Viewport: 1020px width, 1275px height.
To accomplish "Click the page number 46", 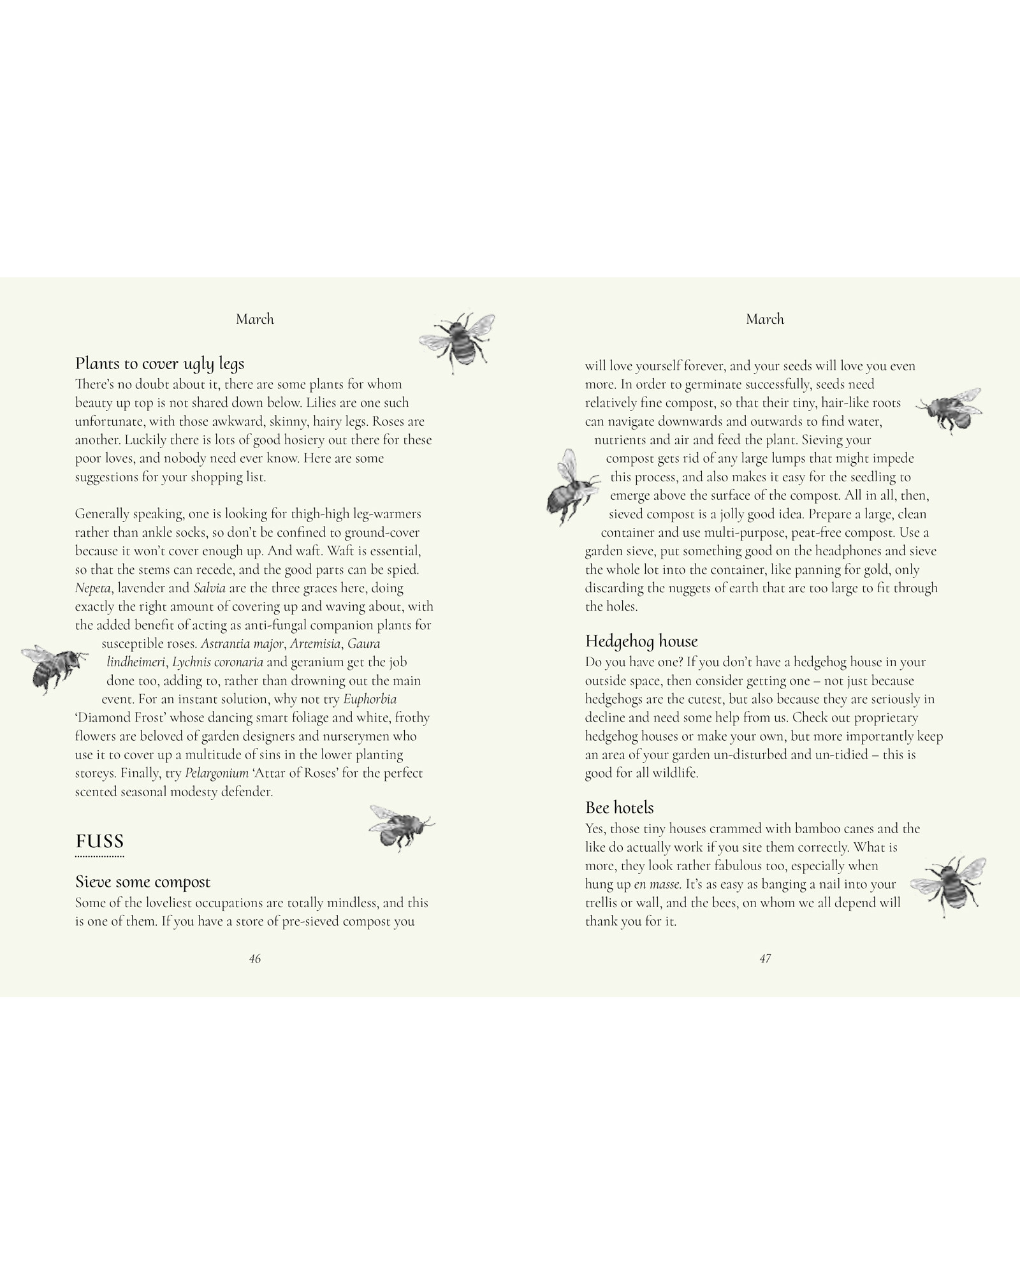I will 255,959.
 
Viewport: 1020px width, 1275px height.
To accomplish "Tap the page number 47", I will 765,959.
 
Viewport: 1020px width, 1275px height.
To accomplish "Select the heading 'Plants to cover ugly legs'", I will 159,363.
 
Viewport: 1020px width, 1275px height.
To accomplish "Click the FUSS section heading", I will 99,841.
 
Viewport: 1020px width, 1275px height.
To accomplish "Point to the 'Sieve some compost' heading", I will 143,882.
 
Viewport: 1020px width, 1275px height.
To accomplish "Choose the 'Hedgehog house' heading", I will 641,641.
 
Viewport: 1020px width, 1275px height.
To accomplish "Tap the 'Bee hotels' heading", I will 619,808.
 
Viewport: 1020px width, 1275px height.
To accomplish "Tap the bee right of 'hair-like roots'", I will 949,409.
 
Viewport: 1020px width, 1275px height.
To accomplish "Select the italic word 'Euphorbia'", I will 370,699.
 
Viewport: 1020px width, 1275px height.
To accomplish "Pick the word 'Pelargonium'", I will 217,773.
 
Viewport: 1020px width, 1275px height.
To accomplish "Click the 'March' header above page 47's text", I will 765,319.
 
